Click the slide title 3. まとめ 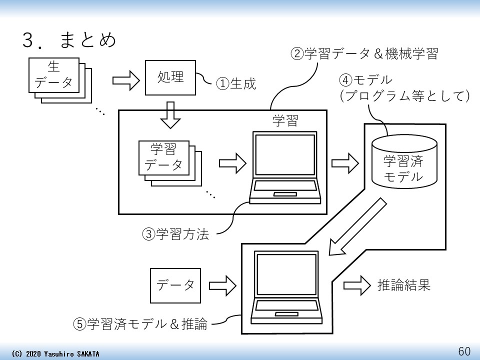pos(70,40)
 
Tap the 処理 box pos(170,77)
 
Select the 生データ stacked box pos(54,75)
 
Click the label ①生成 pos(235,83)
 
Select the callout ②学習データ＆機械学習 pos(364,54)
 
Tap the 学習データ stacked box pos(163,157)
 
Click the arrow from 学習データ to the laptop pos(232,162)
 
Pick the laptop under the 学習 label pos(284,167)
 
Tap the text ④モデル pos(365,80)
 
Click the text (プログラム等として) pos(404,96)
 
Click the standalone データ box pos(175,285)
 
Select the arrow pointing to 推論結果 pos(357,285)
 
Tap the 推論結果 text pos(403,285)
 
